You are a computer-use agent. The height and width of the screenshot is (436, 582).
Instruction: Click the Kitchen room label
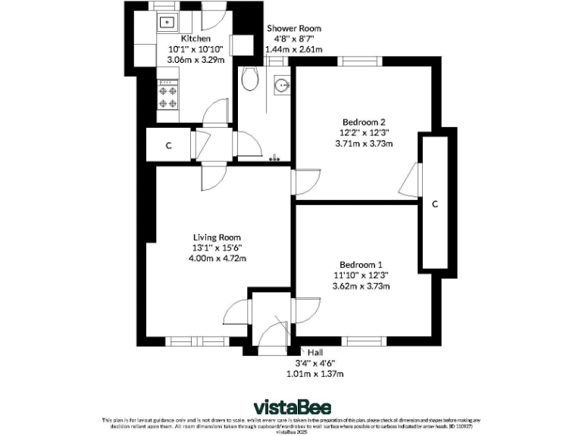tap(196, 39)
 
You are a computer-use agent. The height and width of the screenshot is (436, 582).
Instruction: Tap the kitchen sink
tap(167, 22)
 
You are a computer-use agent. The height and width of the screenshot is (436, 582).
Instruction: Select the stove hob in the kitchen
tap(167, 97)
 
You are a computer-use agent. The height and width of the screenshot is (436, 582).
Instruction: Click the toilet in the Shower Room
tap(250, 79)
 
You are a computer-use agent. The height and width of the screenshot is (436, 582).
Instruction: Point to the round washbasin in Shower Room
tap(283, 83)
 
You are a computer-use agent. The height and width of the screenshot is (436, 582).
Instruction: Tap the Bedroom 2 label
tap(365, 122)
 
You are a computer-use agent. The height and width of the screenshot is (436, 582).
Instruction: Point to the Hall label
tap(315, 352)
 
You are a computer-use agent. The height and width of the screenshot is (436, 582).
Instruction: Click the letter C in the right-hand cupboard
tap(435, 204)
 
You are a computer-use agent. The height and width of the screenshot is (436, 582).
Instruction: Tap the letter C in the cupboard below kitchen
tap(168, 145)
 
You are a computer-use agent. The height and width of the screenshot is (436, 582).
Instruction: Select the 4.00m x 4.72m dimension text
tap(217, 258)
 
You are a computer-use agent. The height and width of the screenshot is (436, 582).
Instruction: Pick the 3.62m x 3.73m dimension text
tap(361, 286)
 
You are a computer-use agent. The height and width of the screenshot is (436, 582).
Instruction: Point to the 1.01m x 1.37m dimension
tap(315, 374)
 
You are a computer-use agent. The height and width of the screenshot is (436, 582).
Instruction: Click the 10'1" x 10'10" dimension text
tap(196, 49)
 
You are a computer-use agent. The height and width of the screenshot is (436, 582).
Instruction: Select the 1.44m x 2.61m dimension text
tap(293, 49)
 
